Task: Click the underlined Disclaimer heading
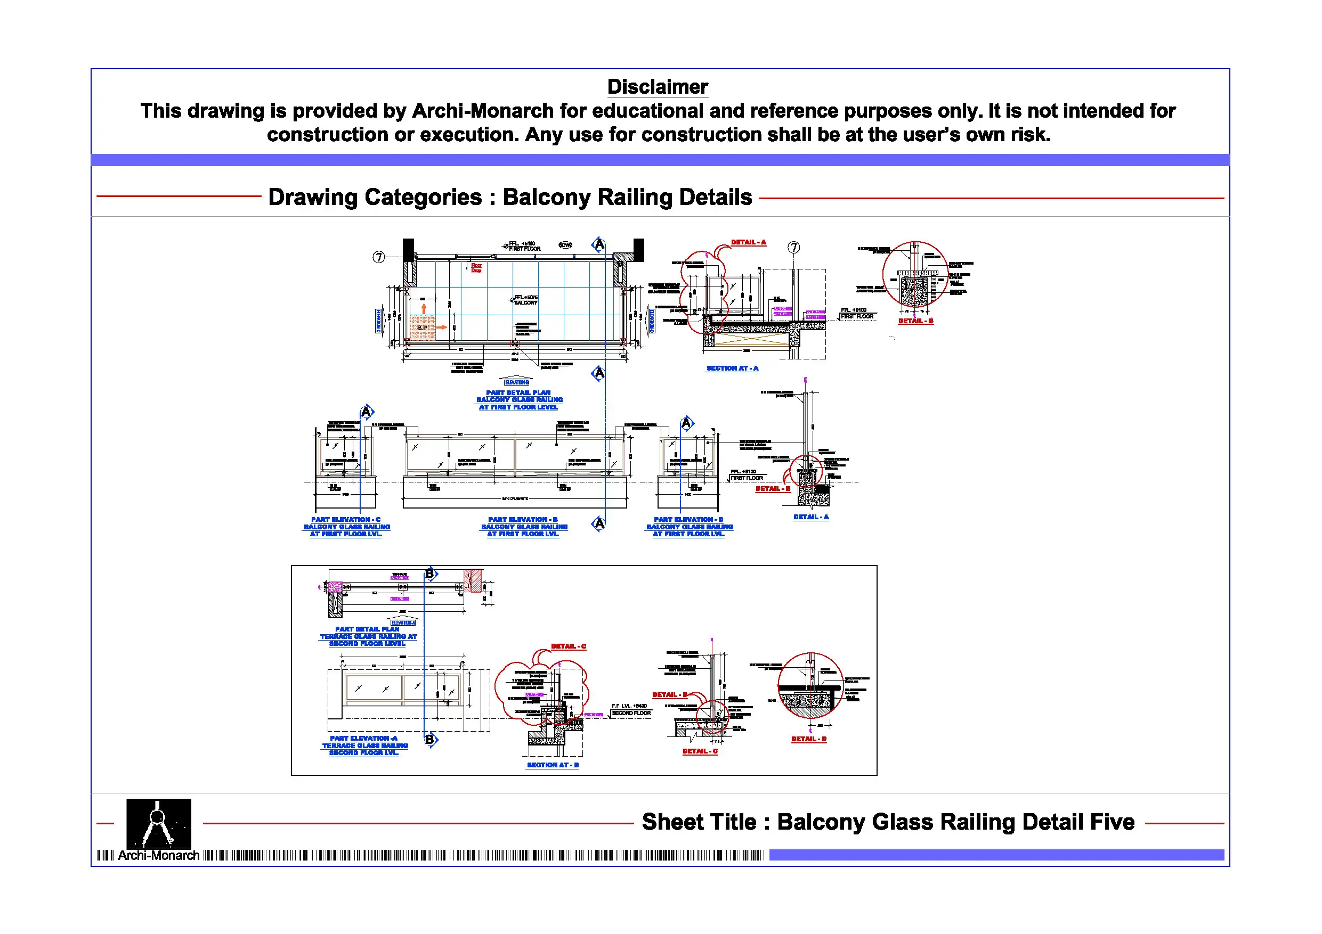point(657,87)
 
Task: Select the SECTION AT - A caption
point(732,368)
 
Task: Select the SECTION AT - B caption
point(553,765)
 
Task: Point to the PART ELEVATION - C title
point(345,520)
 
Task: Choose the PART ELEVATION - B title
point(523,520)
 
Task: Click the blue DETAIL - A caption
point(810,518)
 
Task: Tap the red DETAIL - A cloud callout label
point(749,242)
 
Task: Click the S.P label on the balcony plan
point(422,328)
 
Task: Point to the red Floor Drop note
point(476,268)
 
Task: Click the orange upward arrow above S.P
point(424,309)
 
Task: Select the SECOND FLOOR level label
point(631,714)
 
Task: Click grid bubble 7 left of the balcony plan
point(378,257)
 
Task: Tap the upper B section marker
point(430,573)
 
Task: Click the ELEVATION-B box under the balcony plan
point(516,382)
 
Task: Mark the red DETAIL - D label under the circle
point(808,740)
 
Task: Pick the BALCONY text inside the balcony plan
point(526,302)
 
